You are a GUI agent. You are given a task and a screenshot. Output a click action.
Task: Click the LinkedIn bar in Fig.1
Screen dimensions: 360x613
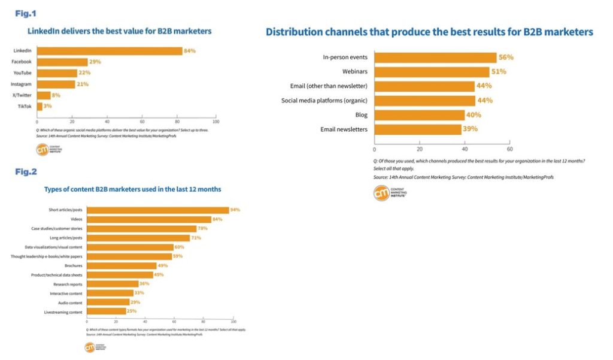coord(110,51)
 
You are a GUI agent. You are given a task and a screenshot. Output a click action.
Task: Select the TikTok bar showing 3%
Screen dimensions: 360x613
coord(40,106)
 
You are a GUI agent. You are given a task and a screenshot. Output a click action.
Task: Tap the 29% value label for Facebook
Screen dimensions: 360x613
coord(95,62)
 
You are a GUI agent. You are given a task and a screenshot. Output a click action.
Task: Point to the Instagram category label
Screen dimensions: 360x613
coord(21,84)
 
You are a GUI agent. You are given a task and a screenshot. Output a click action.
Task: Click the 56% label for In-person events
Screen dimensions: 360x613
coord(506,58)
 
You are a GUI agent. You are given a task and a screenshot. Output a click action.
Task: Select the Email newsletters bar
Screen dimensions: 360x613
coord(418,129)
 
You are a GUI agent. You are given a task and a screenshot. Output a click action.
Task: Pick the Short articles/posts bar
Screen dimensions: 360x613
coord(157,210)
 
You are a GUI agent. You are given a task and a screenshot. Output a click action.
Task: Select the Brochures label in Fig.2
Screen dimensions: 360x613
coord(74,265)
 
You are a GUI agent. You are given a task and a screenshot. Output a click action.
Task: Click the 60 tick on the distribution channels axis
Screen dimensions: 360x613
coord(509,149)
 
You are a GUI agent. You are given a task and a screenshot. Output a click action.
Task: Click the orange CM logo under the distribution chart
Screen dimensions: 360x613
coord(381,193)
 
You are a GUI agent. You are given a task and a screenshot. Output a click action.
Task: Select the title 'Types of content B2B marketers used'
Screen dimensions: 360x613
coord(132,189)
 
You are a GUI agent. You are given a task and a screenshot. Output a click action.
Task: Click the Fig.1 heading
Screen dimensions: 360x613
coord(26,12)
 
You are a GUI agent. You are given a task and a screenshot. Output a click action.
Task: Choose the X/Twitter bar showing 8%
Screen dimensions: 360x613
coord(44,95)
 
